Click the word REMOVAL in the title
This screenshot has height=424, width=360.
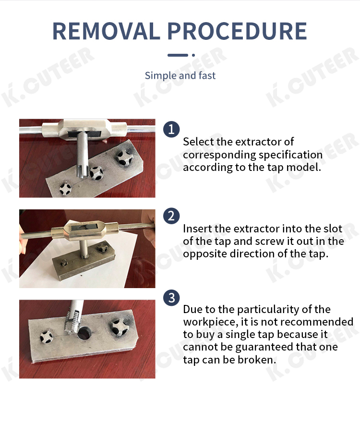(106, 31)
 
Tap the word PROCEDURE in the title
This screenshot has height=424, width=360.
(237, 31)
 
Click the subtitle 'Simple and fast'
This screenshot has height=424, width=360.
(180, 75)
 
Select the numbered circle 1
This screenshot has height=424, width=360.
(171, 129)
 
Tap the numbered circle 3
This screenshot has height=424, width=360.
(171, 298)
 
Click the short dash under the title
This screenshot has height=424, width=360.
(178, 55)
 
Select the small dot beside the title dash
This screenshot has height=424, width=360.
(193, 55)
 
